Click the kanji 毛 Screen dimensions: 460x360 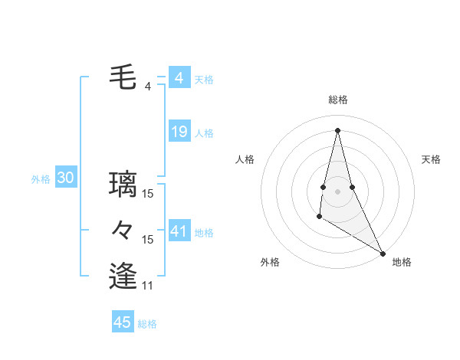pyautogui.click(x=123, y=77)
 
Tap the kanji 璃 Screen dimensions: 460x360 pyautogui.click(x=123, y=184)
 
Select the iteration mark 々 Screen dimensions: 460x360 pyautogui.click(x=123, y=230)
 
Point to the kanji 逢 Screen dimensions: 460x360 pyautogui.click(x=123, y=276)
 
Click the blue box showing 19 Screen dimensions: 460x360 pyautogui.click(x=179, y=132)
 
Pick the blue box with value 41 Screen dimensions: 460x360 pyautogui.click(x=179, y=231)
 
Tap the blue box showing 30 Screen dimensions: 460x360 pyautogui.click(x=65, y=178)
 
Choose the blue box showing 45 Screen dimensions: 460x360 pyautogui.click(x=123, y=322)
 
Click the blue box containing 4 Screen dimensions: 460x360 pyautogui.click(x=179, y=78)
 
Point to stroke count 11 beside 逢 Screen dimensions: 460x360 pyautogui.click(x=148, y=286)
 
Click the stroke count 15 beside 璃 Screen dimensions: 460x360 pyautogui.click(x=148, y=194)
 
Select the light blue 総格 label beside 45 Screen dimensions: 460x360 pyautogui.click(x=147, y=324)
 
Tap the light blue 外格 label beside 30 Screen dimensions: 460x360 pyautogui.click(x=41, y=179)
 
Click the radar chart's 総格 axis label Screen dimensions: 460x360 pyautogui.click(x=337, y=100)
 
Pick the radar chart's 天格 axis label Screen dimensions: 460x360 pyautogui.click(x=432, y=159)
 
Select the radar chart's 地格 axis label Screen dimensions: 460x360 pyautogui.click(x=402, y=262)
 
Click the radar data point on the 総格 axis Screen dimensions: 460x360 pyautogui.click(x=337, y=129)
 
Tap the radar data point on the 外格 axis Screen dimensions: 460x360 pyautogui.click(x=319, y=217)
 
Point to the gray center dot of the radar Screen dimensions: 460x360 pyautogui.click(x=337, y=191)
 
